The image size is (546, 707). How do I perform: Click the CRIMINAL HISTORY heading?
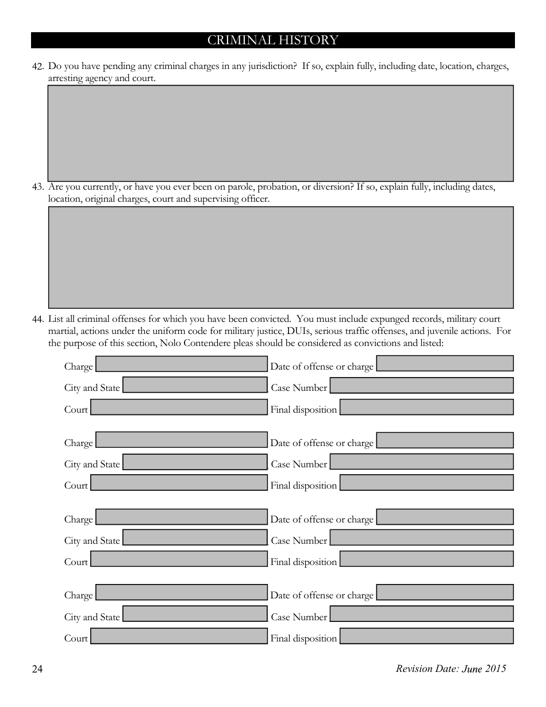(272, 40)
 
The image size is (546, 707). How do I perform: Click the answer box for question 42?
(280, 133)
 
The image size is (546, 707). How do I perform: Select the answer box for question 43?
(280, 257)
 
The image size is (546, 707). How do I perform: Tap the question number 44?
(38, 319)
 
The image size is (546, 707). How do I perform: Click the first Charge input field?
(182, 364)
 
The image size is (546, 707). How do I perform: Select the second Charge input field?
(182, 440)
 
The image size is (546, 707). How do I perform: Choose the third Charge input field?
(182, 517)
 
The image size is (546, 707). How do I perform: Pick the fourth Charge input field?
(182, 593)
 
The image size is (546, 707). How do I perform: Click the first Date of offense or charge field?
(445, 363)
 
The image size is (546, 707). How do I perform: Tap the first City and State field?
(195, 385)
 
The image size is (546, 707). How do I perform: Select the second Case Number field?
(421, 462)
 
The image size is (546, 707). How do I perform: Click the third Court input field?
(179, 559)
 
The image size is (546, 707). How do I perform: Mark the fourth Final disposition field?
(426, 636)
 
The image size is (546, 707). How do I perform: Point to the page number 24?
(37, 668)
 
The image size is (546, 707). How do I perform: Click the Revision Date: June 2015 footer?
(451, 668)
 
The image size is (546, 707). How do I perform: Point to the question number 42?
(38, 67)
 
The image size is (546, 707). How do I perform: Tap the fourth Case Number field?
(421, 614)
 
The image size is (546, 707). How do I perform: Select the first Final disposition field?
(426, 407)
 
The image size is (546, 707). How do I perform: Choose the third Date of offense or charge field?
(445, 517)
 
